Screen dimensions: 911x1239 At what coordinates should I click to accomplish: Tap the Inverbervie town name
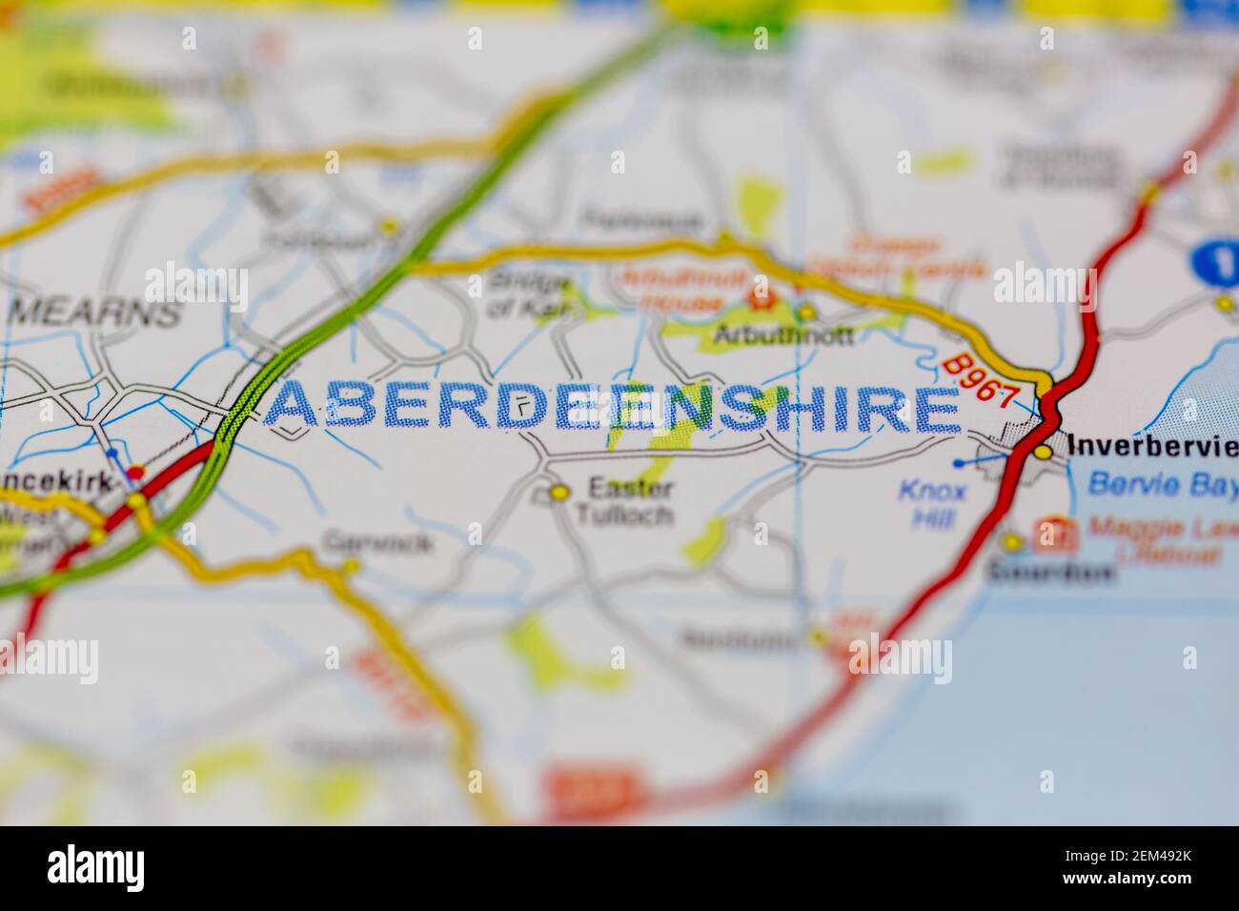pos(1152,445)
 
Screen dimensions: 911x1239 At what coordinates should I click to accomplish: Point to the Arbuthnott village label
pos(784,335)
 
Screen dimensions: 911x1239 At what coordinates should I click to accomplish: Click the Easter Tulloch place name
pos(630,502)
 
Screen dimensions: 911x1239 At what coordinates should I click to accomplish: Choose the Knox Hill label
pos(931,502)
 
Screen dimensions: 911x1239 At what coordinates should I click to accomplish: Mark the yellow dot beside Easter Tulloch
pos(559,493)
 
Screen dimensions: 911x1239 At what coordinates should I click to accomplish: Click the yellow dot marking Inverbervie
pos(1045,451)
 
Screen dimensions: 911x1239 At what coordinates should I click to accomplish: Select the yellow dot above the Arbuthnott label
pos(806,312)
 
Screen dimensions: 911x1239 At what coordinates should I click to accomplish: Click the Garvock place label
pos(378,543)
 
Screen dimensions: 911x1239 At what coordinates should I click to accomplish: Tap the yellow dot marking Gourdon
pos(1011,542)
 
